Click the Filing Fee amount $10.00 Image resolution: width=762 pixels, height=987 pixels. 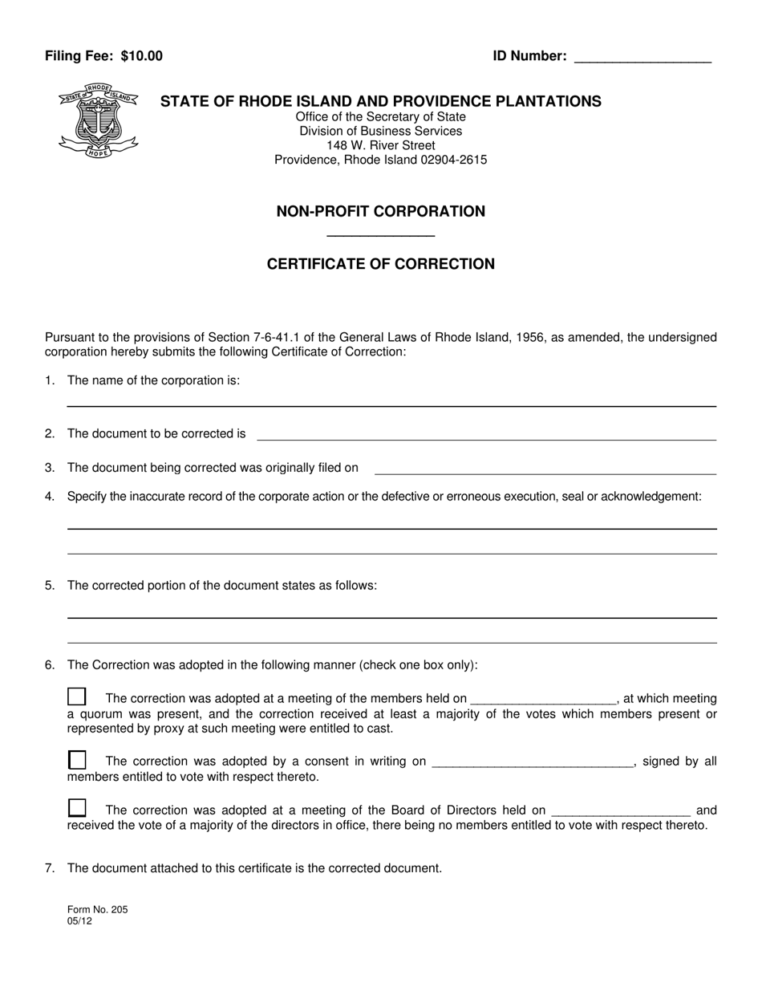click(x=142, y=56)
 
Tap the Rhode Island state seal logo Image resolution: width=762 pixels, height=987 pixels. click(x=98, y=120)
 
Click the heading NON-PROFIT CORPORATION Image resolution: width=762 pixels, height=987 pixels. click(x=380, y=212)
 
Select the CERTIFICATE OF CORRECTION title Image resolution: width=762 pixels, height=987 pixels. click(x=380, y=264)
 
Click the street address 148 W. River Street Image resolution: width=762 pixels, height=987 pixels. click(x=380, y=145)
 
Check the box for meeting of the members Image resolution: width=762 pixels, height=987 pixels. click(x=77, y=697)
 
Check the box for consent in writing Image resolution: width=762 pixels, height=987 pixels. click(x=77, y=759)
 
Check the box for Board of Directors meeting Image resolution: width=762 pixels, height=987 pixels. click(x=77, y=807)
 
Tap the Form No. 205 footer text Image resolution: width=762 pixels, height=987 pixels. click(x=97, y=910)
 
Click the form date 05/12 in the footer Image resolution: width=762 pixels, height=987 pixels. click(x=79, y=921)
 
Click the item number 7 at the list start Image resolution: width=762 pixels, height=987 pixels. click(x=50, y=868)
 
